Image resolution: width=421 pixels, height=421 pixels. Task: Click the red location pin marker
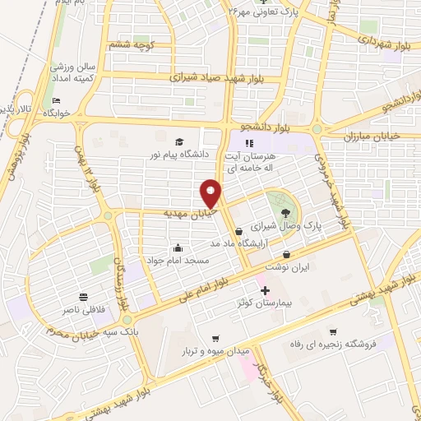(210, 194)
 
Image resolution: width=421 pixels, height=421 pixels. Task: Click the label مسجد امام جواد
(178, 260)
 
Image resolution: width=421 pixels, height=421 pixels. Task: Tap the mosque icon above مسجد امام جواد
(178, 248)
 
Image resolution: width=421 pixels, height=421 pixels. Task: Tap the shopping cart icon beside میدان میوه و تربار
(216, 338)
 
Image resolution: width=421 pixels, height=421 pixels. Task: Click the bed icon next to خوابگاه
(55, 101)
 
